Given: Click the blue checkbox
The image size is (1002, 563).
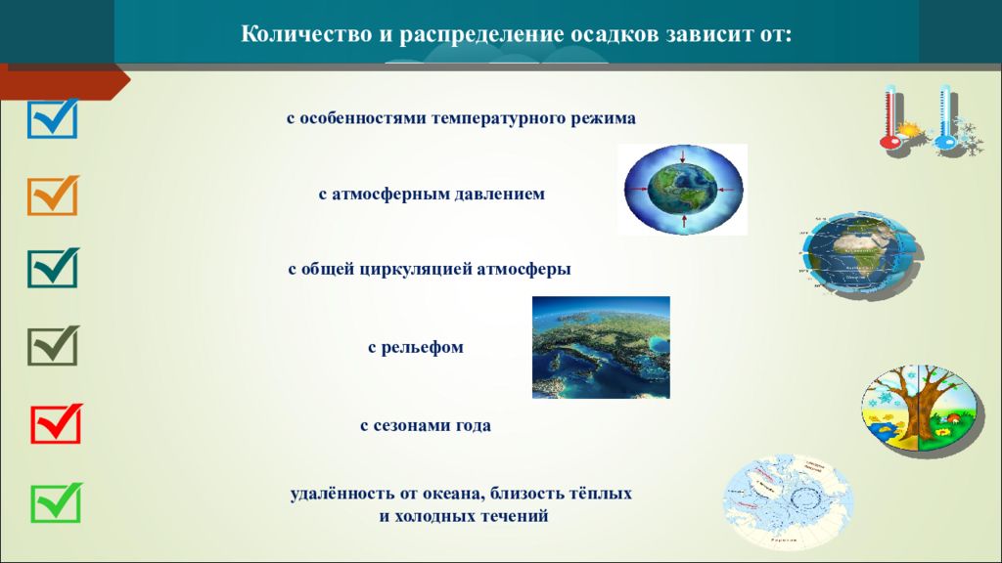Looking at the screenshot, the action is (x=53, y=119).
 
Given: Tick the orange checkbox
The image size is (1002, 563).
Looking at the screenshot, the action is (x=53, y=195).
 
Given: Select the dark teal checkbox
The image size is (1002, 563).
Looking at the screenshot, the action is (x=53, y=268).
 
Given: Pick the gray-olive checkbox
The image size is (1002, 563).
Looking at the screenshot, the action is (x=53, y=346).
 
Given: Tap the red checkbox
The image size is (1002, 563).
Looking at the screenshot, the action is (x=56, y=424).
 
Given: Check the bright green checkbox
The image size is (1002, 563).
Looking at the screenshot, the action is (x=56, y=503).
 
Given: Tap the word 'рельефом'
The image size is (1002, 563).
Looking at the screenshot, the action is (x=422, y=348).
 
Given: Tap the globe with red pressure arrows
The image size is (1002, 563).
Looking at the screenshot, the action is (x=682, y=189).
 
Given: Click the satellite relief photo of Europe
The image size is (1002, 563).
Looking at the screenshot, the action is (x=602, y=347).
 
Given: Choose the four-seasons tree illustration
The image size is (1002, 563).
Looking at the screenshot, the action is (x=920, y=410).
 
